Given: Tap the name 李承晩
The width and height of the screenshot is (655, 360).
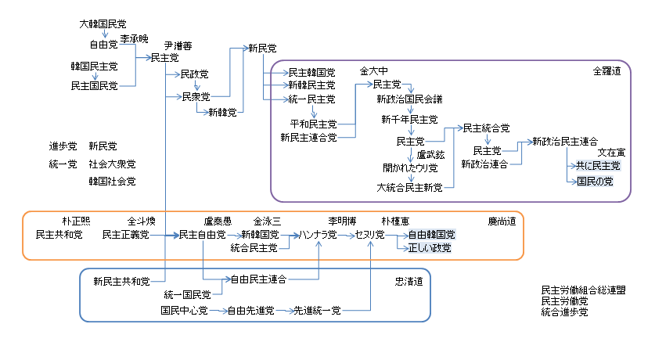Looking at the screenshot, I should click(134, 38).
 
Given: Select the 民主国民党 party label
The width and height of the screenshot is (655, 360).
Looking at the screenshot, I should click(94, 85).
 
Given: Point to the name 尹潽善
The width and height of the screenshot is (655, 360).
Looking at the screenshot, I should click(178, 45).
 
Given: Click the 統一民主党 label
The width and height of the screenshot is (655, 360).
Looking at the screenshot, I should click(311, 99).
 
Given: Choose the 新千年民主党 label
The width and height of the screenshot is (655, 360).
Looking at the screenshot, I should click(409, 120).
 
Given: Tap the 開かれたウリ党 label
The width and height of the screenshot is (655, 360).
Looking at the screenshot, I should click(409, 167).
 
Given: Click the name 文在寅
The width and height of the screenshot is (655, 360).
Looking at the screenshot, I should click(611, 153).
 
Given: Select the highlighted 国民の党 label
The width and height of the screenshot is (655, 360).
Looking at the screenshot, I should click(595, 181).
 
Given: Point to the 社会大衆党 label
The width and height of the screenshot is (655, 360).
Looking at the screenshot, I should click(112, 164).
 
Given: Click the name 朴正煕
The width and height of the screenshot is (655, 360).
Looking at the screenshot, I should click(77, 221).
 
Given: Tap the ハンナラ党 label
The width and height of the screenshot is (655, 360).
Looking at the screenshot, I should click(317, 235).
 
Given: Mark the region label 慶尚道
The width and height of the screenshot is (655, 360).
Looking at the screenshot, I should click(502, 221).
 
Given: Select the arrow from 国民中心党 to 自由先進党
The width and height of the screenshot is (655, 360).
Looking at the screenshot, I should click(217, 311).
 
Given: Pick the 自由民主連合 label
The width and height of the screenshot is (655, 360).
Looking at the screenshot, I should click(257, 279).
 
